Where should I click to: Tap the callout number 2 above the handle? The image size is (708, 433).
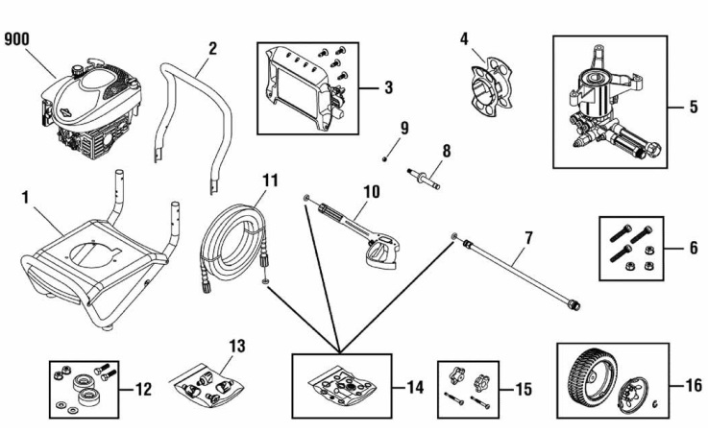pyautogui.click(x=212, y=47)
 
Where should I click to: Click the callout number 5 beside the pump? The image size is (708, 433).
pyautogui.click(x=692, y=108)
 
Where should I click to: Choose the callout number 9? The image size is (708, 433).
pyautogui.click(x=404, y=127)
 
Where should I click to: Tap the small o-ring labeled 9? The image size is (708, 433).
pyautogui.click(x=384, y=157)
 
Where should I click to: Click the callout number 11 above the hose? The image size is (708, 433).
pyautogui.click(x=270, y=180)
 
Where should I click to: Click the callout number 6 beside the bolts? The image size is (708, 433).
pyautogui.click(x=692, y=247)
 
